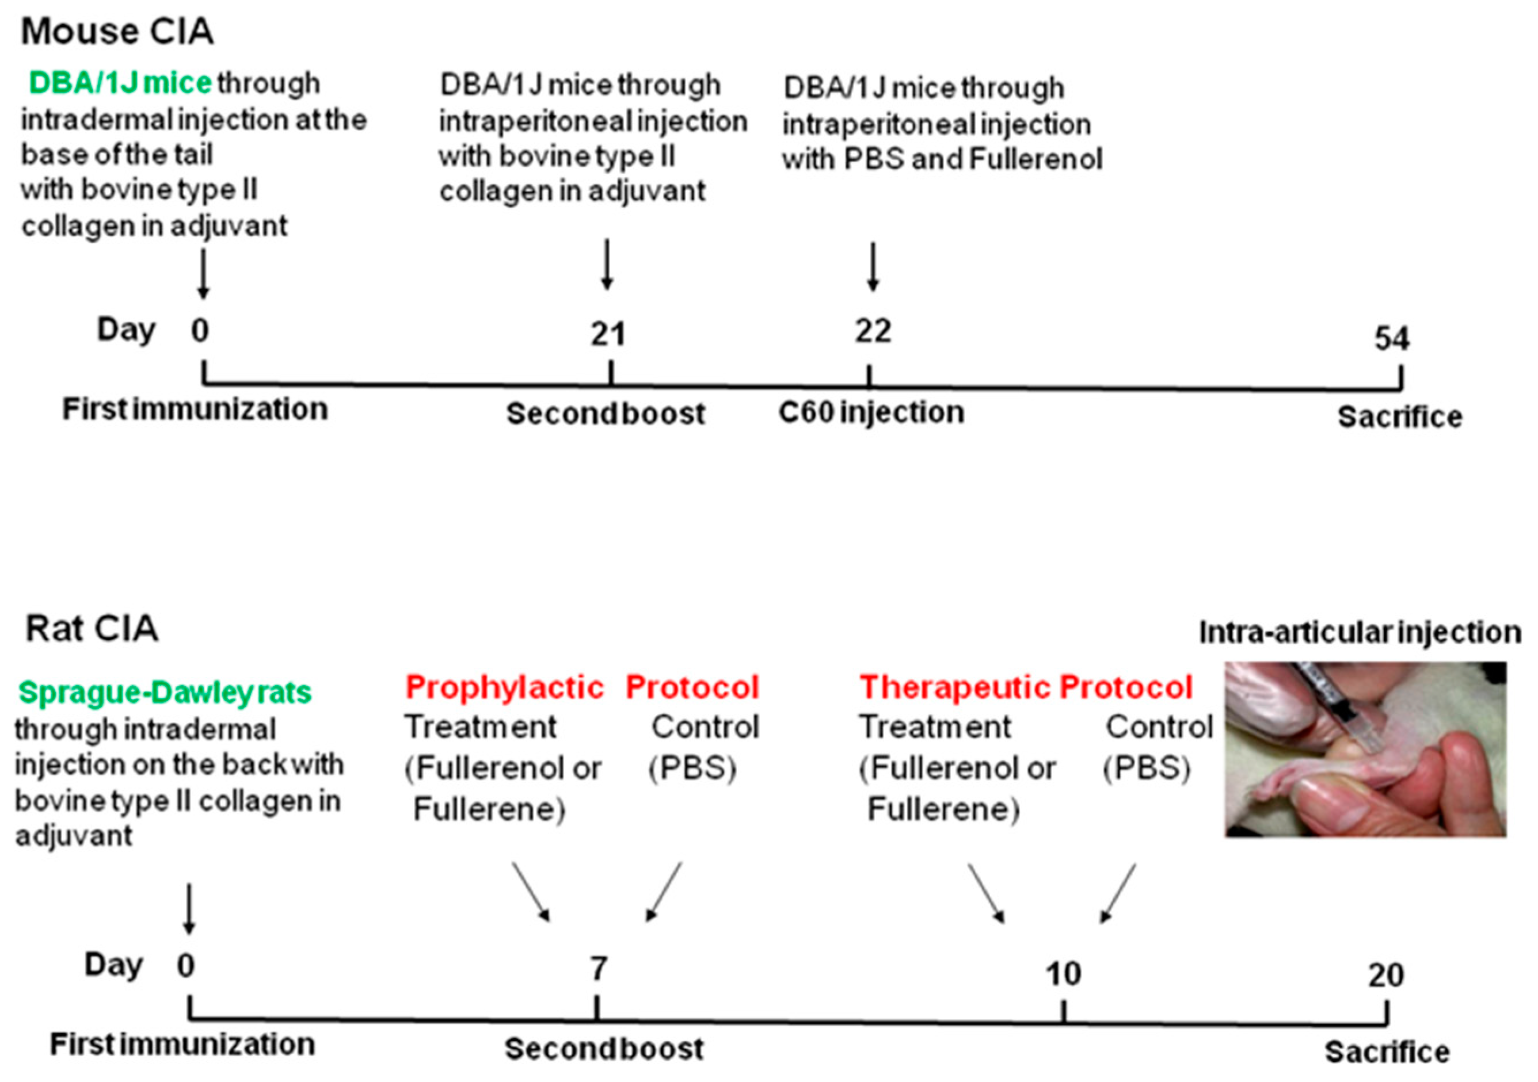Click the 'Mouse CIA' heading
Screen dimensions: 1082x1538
(x=117, y=32)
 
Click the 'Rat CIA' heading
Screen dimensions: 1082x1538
(x=92, y=629)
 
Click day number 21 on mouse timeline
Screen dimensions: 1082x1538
(x=608, y=334)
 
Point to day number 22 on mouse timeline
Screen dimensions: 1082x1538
(x=872, y=331)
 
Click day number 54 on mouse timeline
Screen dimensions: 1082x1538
(x=1391, y=338)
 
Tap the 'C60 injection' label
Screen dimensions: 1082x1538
(x=871, y=412)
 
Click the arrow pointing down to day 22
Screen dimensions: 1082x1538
(x=872, y=266)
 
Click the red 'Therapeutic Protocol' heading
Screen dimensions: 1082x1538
(x=1026, y=687)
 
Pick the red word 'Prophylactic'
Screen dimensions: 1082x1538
(x=504, y=687)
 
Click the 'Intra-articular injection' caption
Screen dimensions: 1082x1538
(x=1359, y=632)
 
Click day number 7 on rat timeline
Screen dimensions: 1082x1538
(x=598, y=968)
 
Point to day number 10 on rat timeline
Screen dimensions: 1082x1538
(x=1063, y=973)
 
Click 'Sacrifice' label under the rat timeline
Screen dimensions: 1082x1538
(x=1387, y=1052)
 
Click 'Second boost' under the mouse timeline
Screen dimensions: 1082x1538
(x=605, y=414)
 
